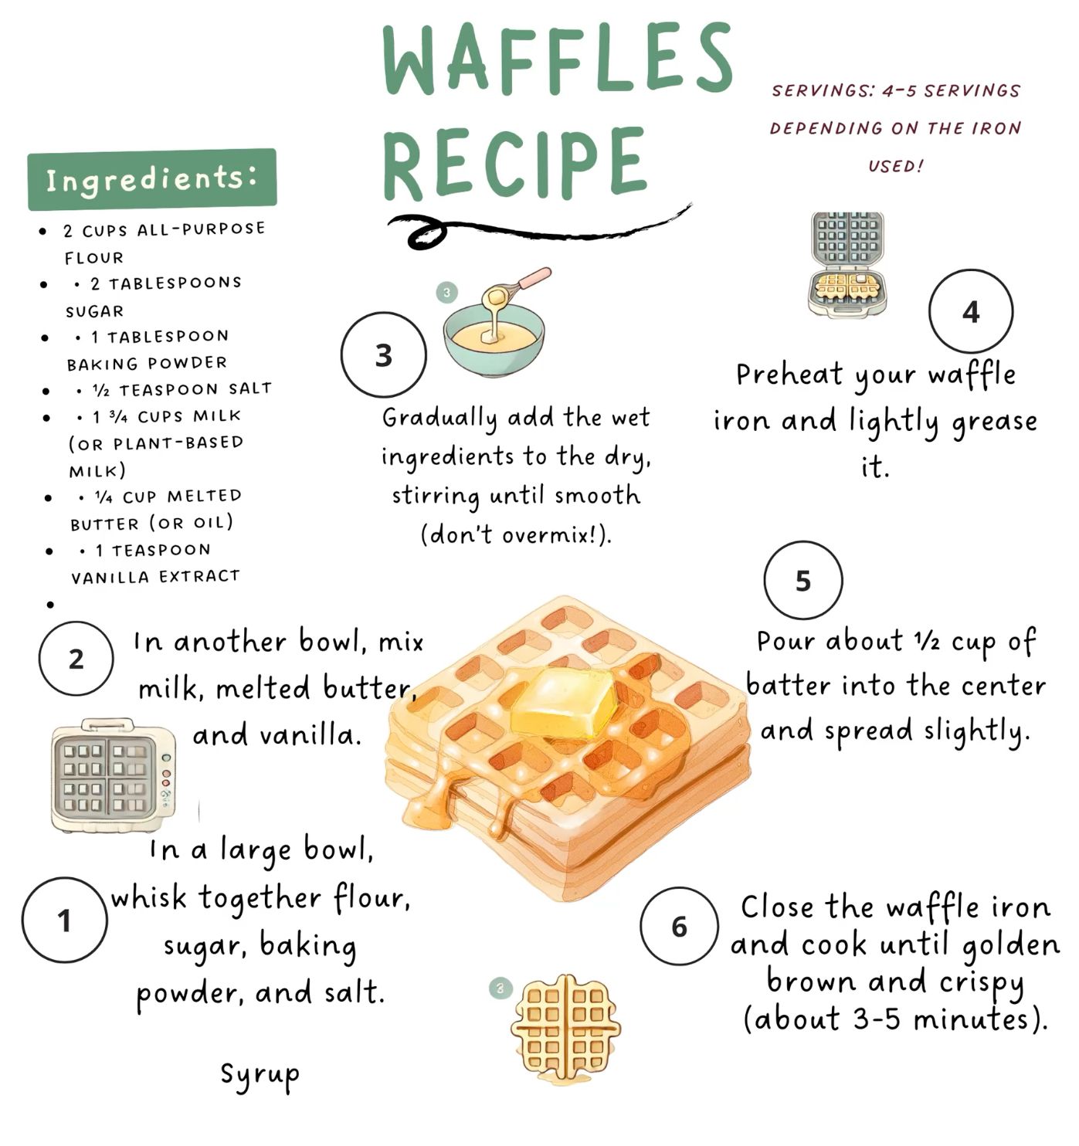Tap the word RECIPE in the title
click(x=514, y=163)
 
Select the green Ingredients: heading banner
click(x=152, y=179)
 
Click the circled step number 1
click(x=65, y=920)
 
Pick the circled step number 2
click(x=76, y=659)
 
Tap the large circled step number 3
click(x=384, y=355)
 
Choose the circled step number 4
click(x=971, y=311)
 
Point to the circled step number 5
click(x=803, y=580)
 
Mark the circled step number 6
click(x=680, y=926)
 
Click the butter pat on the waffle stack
click(x=564, y=702)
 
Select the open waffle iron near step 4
click(x=847, y=263)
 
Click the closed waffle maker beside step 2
click(x=114, y=775)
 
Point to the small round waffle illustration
click(x=566, y=1029)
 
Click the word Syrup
click(x=260, y=1075)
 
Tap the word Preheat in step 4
click(x=789, y=375)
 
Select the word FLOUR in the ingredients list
click(x=94, y=258)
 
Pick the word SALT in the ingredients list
click(x=250, y=388)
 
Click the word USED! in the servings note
click(x=896, y=166)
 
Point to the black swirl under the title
click(x=537, y=229)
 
